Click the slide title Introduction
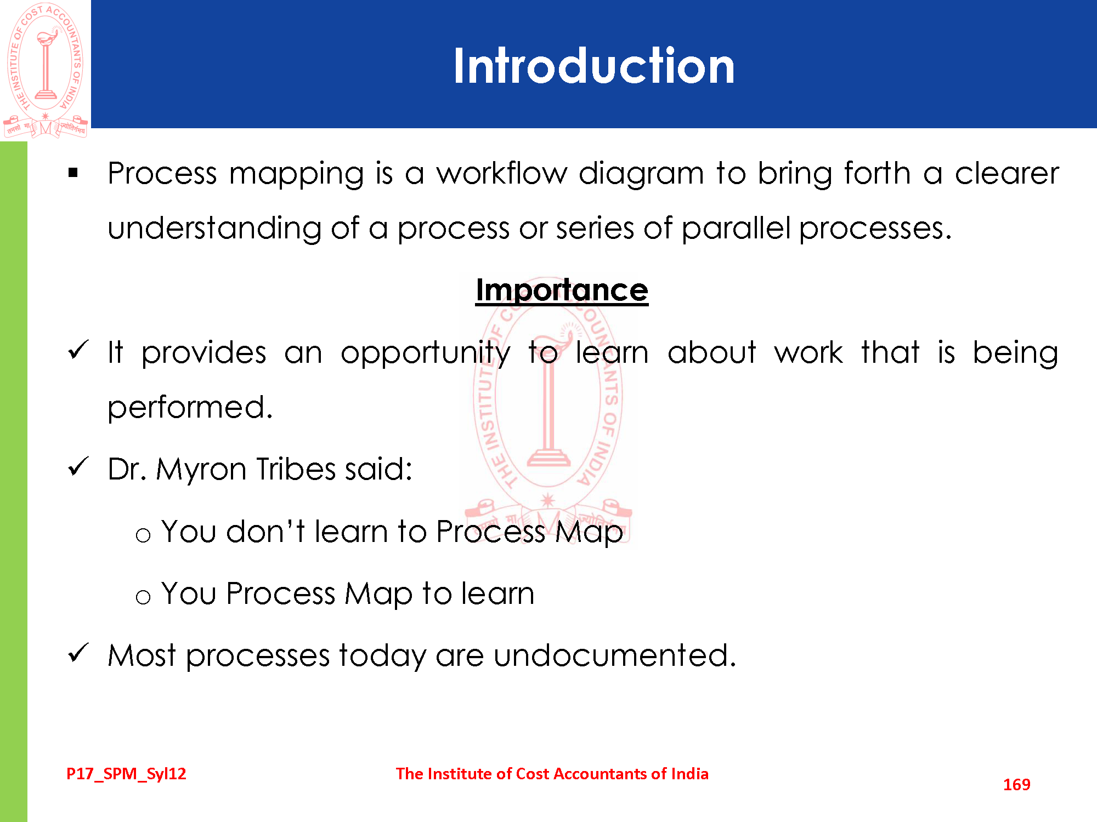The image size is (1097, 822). point(593,66)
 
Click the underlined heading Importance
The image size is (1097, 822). point(562,290)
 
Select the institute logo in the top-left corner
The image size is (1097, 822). point(46,70)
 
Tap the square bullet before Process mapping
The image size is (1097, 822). point(73,173)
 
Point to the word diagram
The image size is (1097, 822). point(641,175)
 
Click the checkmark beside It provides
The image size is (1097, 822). point(78,350)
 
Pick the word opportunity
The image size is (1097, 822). point(425,353)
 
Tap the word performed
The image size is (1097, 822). point(190,408)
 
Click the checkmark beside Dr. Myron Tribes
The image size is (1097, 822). point(78,466)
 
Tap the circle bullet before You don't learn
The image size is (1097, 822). point(143,535)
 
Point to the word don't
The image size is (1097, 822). point(265,531)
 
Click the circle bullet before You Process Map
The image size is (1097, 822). point(143,597)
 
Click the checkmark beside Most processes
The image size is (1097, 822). point(78,653)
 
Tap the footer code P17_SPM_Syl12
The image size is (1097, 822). point(126,774)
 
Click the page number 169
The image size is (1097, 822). point(1016,785)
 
